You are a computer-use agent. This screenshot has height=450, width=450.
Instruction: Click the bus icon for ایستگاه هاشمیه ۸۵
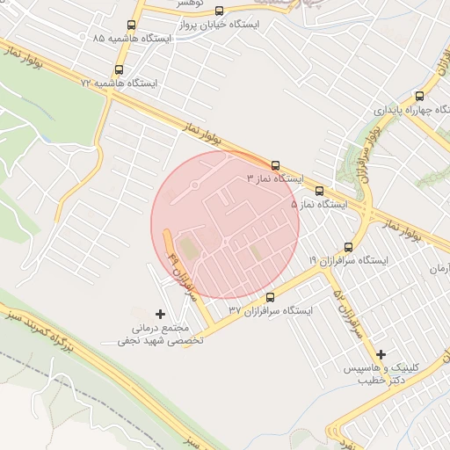(x=132, y=25)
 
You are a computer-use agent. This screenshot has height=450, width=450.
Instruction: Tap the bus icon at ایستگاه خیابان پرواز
(x=219, y=11)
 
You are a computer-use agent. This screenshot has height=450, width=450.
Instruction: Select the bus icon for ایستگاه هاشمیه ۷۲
(x=119, y=69)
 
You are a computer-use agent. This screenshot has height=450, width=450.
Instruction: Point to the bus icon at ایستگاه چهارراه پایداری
(x=419, y=97)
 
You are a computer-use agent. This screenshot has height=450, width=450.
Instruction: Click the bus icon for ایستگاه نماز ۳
(x=276, y=164)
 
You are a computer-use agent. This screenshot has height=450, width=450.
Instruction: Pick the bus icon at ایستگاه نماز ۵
(x=318, y=191)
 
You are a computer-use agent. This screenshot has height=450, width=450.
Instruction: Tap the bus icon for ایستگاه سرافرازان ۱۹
(x=349, y=247)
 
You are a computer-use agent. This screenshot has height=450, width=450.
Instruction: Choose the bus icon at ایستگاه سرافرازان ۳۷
(x=270, y=297)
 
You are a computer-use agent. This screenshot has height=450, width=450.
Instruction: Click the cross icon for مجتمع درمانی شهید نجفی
(x=159, y=314)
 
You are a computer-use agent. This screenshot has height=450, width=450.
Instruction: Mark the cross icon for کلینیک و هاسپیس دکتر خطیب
(x=381, y=353)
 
